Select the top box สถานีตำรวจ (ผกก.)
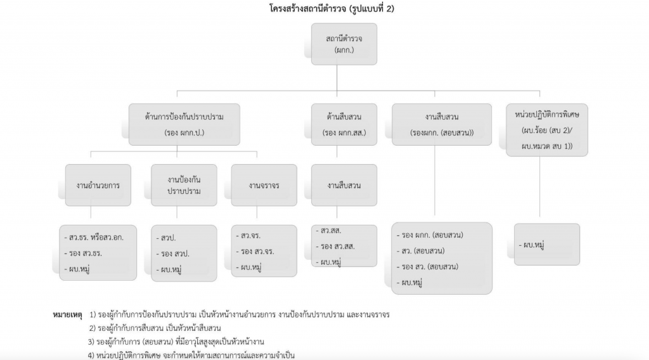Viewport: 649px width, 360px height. click(344, 44)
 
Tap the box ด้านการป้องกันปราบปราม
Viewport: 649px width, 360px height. click(184, 124)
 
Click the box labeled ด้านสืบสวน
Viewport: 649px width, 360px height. click(344, 124)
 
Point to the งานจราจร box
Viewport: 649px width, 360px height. click(264, 185)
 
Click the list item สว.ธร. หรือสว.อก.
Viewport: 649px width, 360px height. click(96, 237)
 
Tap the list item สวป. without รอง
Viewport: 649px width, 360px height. click(169, 237)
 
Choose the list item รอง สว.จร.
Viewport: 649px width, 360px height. click(254, 251)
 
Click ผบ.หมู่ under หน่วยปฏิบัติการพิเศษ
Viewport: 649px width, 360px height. click(534, 244)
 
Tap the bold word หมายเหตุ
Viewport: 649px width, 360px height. click(67, 314)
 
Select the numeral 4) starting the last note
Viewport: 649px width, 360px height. click(92, 355)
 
